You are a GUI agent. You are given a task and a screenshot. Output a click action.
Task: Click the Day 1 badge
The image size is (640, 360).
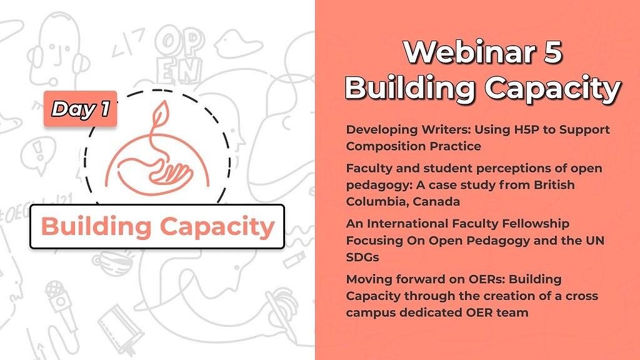[81, 109]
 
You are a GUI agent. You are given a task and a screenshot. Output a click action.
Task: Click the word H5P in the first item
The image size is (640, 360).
[521, 130]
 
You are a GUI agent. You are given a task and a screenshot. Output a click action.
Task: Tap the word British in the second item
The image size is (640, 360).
[554, 185]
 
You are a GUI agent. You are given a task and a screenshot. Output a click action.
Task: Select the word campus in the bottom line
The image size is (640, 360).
[371, 313]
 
